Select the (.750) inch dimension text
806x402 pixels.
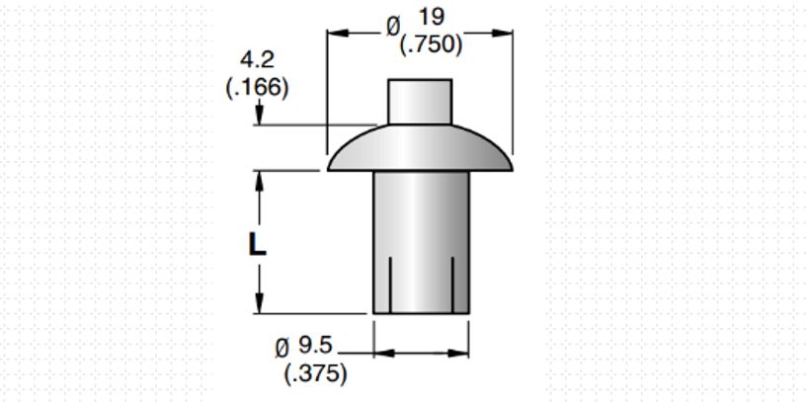(430, 44)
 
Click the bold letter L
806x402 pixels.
(257, 244)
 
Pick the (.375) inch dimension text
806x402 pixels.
(315, 373)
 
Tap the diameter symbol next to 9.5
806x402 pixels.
(282, 348)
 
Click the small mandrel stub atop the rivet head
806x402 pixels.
(419, 101)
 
